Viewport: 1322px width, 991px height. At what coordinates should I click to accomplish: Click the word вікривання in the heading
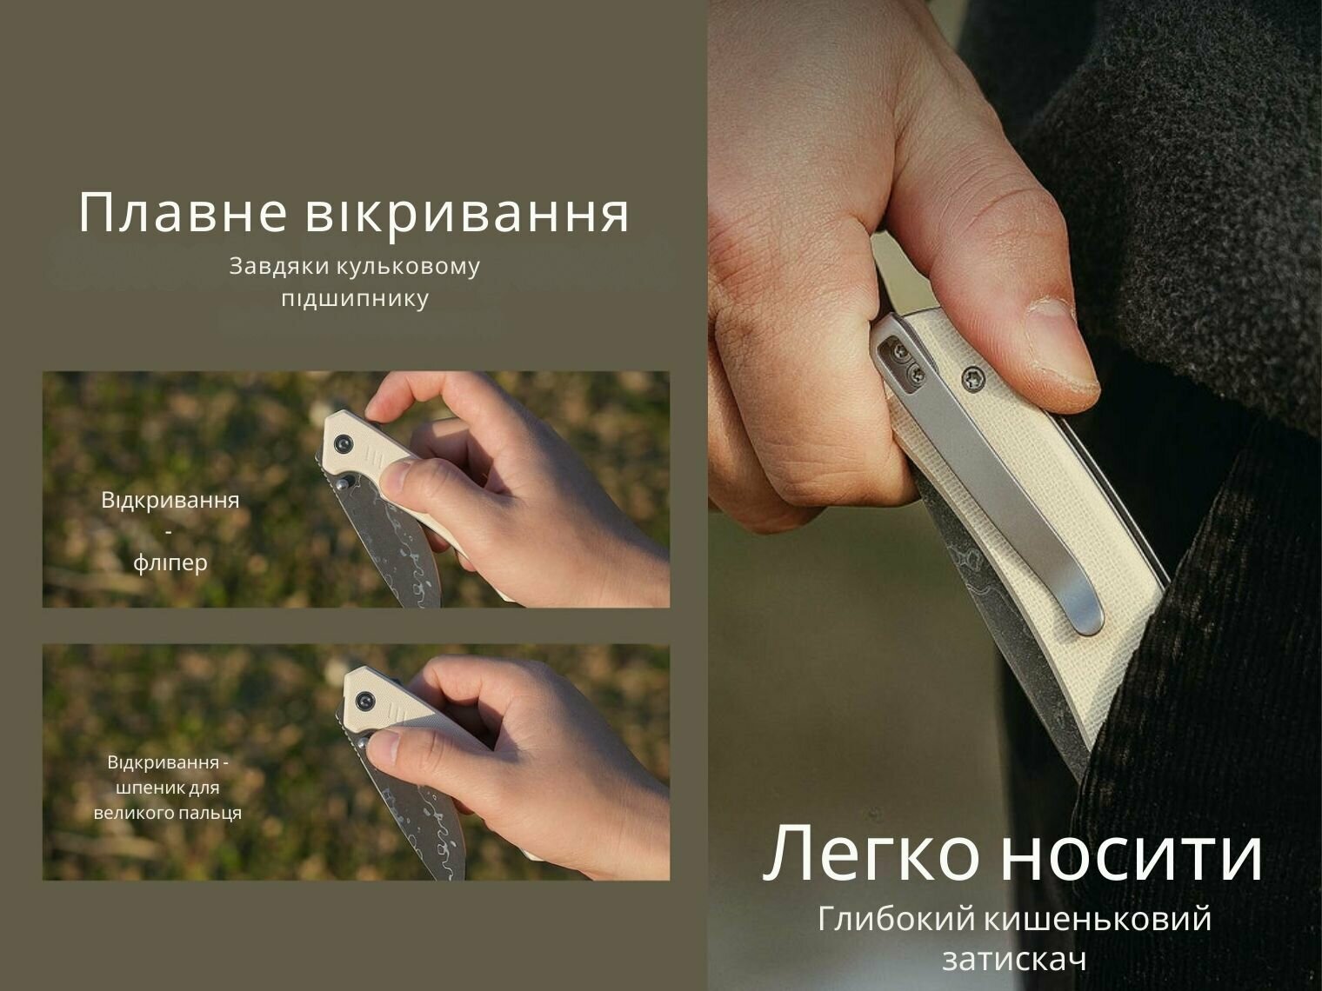coord(467,212)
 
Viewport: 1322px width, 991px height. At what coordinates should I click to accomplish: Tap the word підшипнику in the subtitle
coord(356,299)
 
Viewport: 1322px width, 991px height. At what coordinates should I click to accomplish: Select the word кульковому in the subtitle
coord(408,266)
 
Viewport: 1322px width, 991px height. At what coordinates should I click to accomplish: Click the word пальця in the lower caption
coord(210,814)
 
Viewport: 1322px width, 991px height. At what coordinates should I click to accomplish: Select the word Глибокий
coord(897,920)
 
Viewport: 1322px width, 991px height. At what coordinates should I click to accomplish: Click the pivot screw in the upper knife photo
coord(344,442)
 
